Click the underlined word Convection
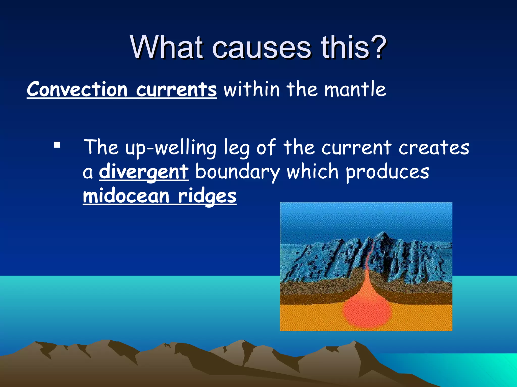point(77,90)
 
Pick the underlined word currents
point(176,90)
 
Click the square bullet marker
point(57,145)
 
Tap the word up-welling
point(171,148)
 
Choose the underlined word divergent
point(144,172)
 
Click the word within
point(252,89)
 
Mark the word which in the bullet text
point(313,172)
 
